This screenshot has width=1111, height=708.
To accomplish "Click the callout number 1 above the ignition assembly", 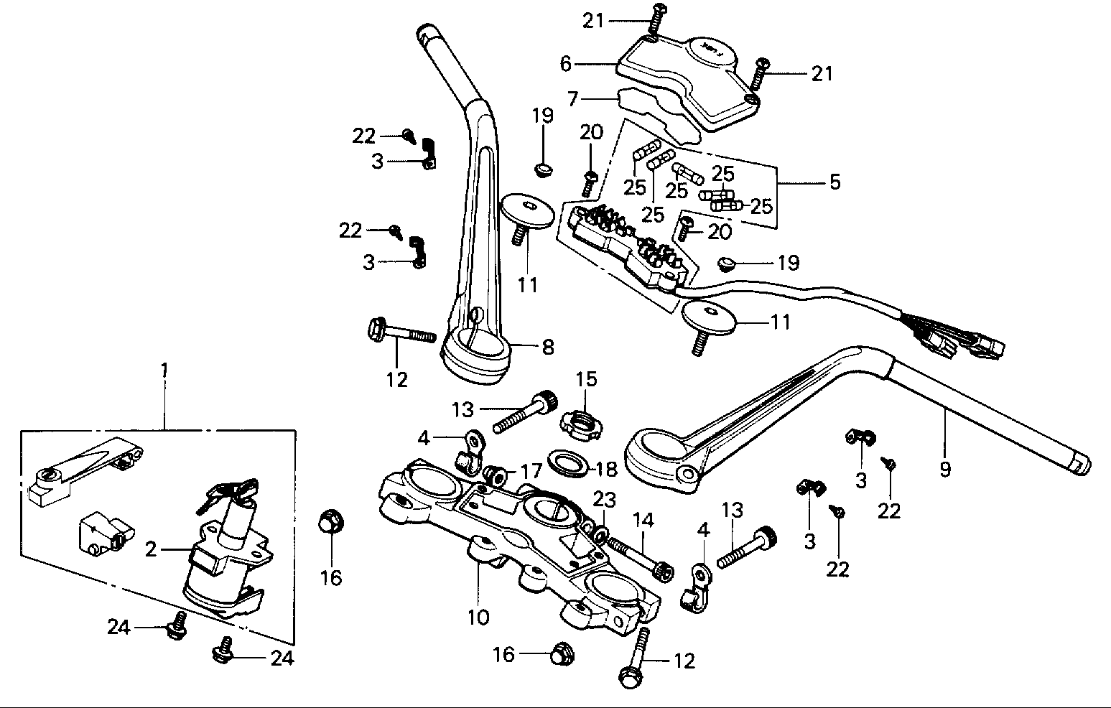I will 164,371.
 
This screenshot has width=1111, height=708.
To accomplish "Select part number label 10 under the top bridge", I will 478,616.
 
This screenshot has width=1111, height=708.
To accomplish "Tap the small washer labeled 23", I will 598,534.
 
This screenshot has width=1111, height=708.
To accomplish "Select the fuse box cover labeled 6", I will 689,79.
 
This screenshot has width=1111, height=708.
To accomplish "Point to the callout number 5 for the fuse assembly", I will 834,182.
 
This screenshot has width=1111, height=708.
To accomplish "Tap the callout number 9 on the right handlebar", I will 945,470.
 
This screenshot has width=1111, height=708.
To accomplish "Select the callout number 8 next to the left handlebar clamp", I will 548,348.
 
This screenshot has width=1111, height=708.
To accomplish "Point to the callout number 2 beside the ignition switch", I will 150,551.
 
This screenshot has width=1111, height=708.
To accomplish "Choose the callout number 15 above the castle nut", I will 587,379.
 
